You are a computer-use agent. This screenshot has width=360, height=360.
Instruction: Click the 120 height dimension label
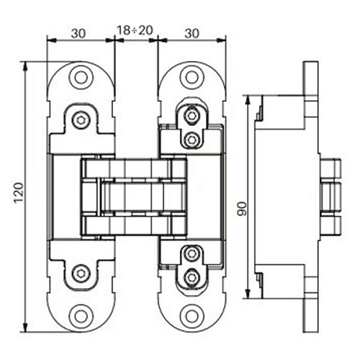tap(19, 193)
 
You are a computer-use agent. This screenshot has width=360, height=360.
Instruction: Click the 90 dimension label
tap(243, 209)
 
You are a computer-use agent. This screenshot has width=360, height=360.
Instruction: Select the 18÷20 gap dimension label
tap(135, 30)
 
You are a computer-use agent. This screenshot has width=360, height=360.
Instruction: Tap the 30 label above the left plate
tap(78, 33)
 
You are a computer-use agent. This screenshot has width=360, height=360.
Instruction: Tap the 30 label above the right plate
tap(192, 33)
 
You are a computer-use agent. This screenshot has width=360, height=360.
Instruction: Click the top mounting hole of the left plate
tap(81, 77)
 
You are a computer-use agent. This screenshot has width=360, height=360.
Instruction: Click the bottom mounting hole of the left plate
tap(81, 316)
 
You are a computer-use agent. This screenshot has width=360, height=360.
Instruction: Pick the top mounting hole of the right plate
tap(192, 77)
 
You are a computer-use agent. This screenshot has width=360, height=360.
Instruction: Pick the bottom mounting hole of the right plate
tap(192, 316)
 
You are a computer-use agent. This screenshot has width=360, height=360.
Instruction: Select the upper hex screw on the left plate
tap(81, 120)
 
